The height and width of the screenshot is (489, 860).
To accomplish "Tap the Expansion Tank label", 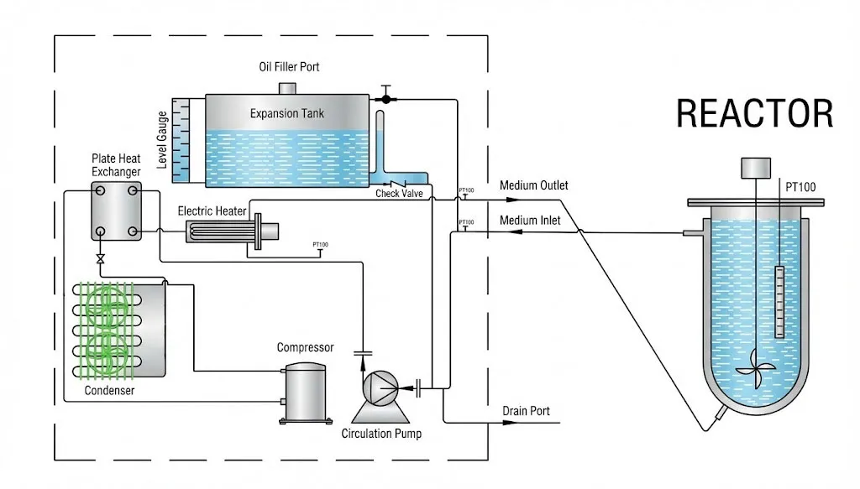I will point(286,113).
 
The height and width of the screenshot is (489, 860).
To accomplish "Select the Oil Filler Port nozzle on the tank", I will point(286,88).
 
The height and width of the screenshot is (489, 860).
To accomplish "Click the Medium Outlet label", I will point(533,185).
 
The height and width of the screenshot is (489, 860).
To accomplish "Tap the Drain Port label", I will point(526,411).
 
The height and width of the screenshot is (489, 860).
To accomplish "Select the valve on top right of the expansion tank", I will point(385,98).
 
